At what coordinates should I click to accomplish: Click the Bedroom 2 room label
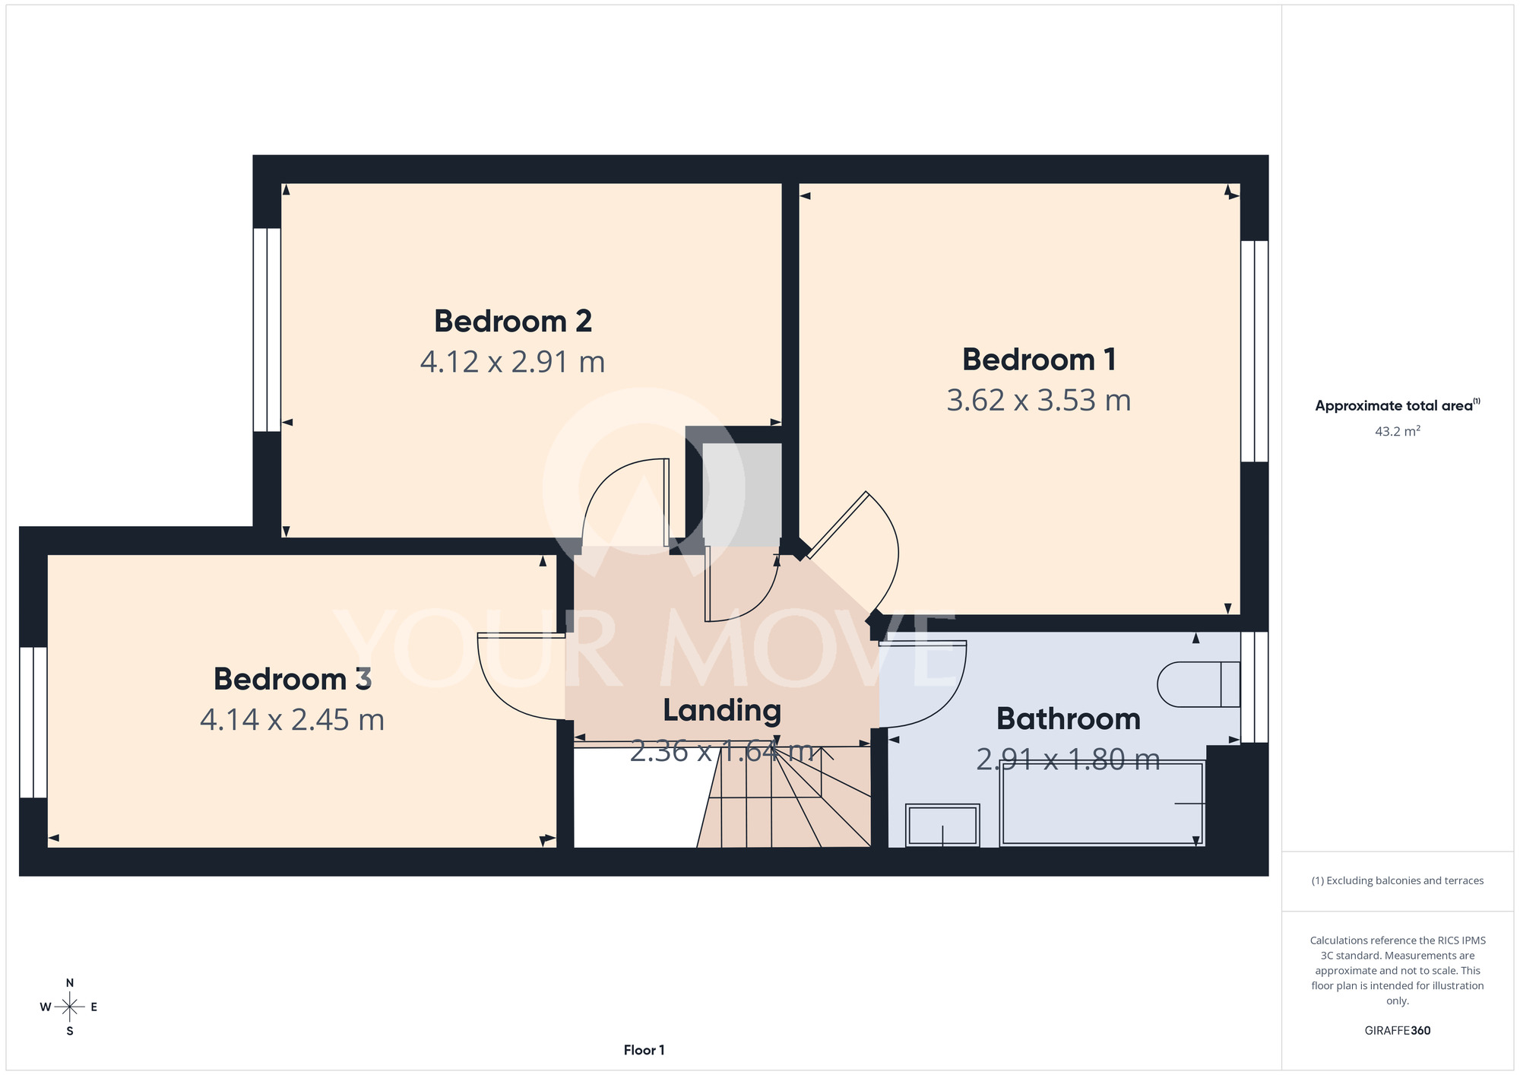tap(513, 322)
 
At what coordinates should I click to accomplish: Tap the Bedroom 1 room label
tap(1039, 360)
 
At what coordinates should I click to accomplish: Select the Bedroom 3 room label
tap(293, 679)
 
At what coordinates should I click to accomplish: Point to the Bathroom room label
tap(1069, 719)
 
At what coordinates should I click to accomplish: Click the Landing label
tap(722, 711)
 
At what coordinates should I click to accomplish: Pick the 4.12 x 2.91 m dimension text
tap(512, 362)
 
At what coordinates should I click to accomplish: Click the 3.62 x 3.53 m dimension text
tap(1039, 401)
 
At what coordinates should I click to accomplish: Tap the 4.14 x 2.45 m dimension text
tap(293, 720)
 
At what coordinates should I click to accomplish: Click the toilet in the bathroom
tap(1199, 684)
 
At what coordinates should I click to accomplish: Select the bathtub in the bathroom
tap(1103, 803)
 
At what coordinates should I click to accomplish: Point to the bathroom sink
tap(942, 825)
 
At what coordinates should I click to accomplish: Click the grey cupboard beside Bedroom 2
tap(742, 494)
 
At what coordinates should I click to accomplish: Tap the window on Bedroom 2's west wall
tap(267, 330)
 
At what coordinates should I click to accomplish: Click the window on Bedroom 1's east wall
tap(1255, 351)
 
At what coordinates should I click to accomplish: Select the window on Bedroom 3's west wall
tap(33, 722)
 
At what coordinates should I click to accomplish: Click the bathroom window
tap(1255, 687)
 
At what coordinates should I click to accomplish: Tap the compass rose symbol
tap(69, 1007)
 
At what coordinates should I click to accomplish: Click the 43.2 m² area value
tap(1398, 431)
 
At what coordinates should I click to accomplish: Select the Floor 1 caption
tap(644, 1050)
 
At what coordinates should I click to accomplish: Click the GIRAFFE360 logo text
tap(1398, 1031)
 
